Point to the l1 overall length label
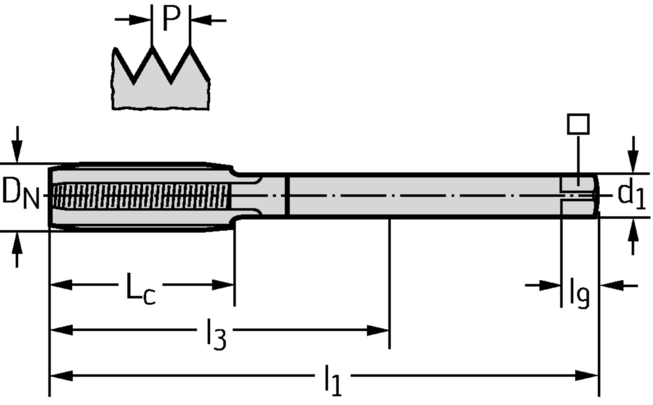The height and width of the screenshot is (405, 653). (331, 381)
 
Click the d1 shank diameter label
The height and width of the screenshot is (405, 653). (631, 194)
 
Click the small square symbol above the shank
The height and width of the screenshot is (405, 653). (578, 124)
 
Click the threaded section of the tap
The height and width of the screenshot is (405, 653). (140, 196)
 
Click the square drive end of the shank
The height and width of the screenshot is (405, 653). (580, 194)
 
